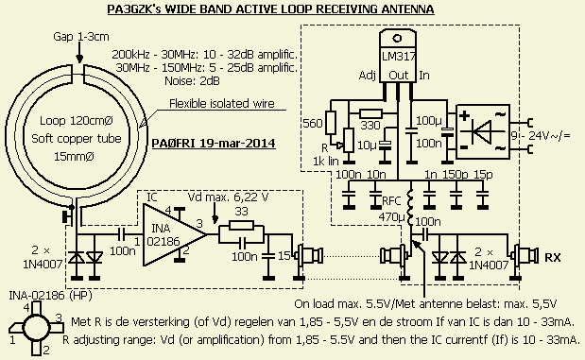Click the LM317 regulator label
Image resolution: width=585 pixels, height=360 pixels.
(x=398, y=57)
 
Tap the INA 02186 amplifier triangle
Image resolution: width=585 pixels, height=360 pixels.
(x=175, y=234)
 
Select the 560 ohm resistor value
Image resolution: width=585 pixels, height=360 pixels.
(x=312, y=124)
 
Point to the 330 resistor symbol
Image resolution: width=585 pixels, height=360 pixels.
(x=370, y=113)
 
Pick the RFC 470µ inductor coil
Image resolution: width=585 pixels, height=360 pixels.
(x=411, y=208)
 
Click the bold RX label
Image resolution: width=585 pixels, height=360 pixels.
(x=553, y=257)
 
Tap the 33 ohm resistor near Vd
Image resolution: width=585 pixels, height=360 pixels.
(x=241, y=226)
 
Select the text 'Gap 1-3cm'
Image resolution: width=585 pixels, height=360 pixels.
(x=81, y=37)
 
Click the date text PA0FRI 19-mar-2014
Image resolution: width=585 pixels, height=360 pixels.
(x=214, y=144)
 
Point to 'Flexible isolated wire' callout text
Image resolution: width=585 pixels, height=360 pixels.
(x=221, y=103)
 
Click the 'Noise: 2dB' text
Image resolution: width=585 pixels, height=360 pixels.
(x=192, y=80)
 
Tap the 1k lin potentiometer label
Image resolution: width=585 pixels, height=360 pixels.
(x=326, y=162)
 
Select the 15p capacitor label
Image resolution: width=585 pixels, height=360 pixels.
(x=483, y=175)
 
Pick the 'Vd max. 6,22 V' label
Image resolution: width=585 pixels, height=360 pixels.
(x=228, y=197)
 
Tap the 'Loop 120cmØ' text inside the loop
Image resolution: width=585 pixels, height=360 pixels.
(x=77, y=121)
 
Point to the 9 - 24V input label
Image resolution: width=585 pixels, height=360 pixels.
(x=541, y=135)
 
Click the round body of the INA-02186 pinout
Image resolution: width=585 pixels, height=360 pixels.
(x=36, y=327)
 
